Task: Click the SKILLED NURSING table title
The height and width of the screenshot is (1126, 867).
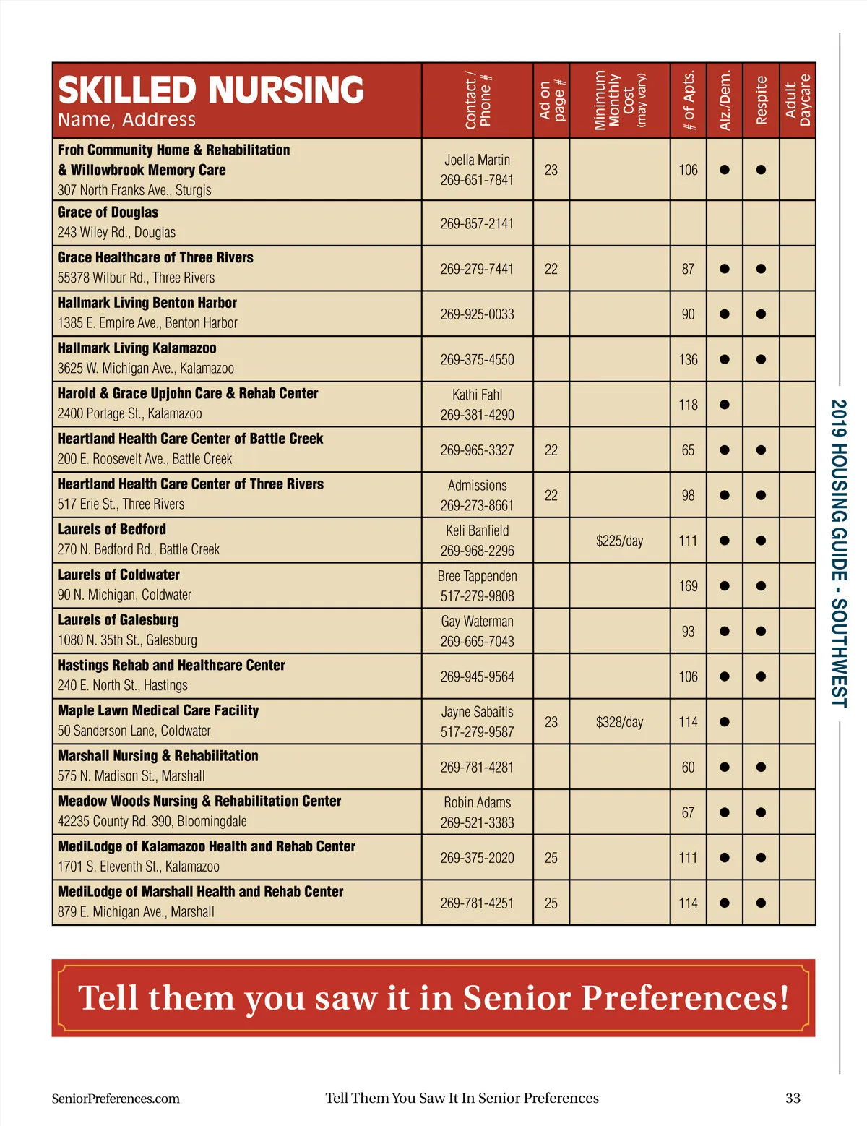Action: point(210,90)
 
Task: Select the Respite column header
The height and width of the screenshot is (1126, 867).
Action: point(761,100)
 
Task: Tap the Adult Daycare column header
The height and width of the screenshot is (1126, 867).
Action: point(798,100)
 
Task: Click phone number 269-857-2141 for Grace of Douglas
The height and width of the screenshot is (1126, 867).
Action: point(477,224)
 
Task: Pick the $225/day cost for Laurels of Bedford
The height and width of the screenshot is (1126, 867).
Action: point(619,541)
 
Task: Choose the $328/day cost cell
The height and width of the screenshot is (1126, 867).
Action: point(619,722)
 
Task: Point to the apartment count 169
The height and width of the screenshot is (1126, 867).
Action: point(688,586)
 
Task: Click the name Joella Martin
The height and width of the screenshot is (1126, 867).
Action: point(477,160)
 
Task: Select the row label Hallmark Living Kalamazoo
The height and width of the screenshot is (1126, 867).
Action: point(137,348)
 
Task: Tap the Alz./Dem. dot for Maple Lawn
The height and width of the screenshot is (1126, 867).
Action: point(725,722)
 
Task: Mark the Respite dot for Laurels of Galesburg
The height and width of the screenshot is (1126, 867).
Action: point(761,631)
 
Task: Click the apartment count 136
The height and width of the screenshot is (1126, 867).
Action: point(688,359)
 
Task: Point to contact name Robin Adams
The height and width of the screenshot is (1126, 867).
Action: point(477,802)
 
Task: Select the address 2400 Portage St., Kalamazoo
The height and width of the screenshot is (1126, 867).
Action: point(130,413)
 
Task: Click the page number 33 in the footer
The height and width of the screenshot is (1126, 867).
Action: point(793,1098)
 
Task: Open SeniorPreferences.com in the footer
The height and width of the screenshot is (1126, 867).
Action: point(116,1099)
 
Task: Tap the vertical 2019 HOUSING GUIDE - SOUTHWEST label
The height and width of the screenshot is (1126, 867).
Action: point(838,553)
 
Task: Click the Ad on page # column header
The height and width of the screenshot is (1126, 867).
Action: point(552,100)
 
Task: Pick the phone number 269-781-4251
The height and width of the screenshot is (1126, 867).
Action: point(477,903)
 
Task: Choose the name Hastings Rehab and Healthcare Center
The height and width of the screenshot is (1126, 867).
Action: point(171,666)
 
